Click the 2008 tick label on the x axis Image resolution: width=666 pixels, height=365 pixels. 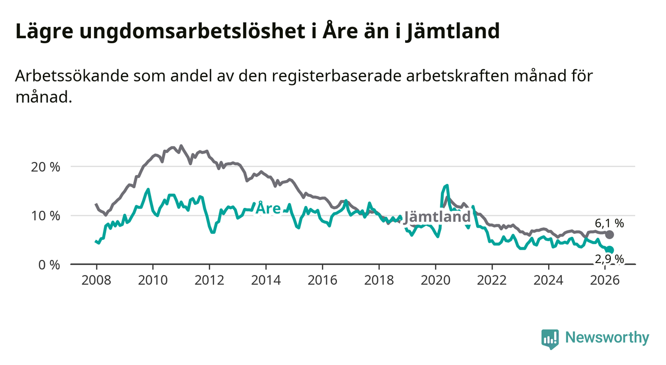pos(96,279)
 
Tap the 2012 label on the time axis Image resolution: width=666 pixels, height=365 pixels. pos(209,279)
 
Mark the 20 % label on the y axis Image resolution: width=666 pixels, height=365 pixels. pos(45,167)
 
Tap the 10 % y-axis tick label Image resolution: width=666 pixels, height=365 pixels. pos(45,216)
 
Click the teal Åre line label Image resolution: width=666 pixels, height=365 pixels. pos(268,209)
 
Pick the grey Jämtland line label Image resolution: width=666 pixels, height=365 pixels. pos(437,217)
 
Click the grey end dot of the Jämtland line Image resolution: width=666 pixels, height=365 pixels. pos(610,234)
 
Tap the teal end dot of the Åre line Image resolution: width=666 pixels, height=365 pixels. pos(610,250)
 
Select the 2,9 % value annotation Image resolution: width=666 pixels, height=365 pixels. pos(609,259)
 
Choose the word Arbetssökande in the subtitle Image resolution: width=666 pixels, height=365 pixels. pos(73,77)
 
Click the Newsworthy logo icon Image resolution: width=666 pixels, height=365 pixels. pos(550,339)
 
